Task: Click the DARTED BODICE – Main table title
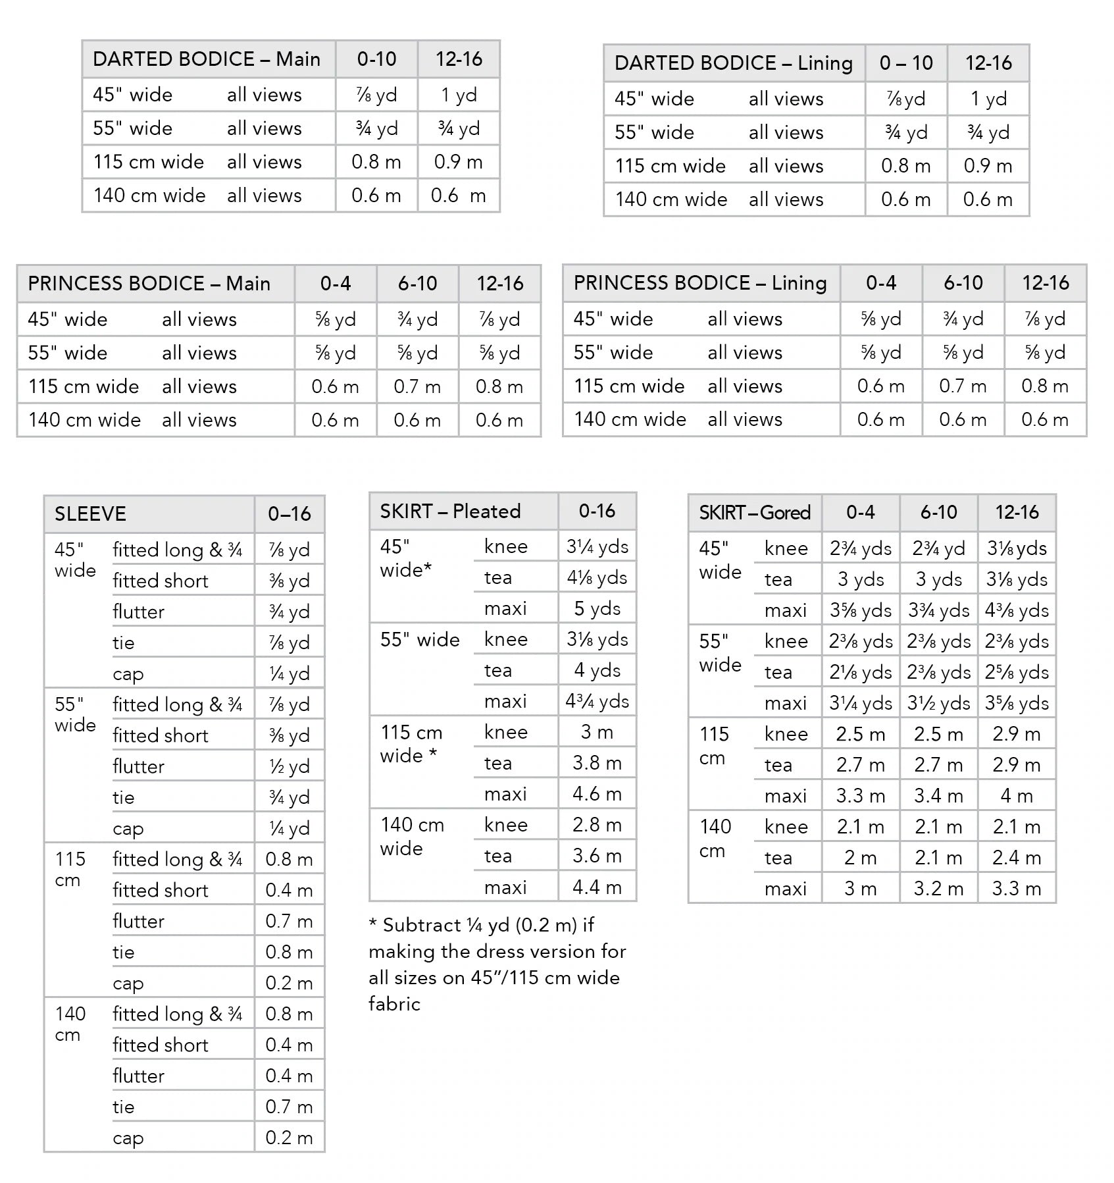[x=206, y=59]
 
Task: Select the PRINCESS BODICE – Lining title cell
[x=700, y=283]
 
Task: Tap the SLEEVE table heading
[x=90, y=514]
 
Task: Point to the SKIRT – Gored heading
[x=755, y=513]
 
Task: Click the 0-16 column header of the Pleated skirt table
[x=597, y=512]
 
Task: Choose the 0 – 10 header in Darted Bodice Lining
[x=906, y=63]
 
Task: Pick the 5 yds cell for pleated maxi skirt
[x=597, y=608]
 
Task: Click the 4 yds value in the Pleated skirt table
[x=597, y=670]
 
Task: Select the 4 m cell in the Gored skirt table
[x=1017, y=796]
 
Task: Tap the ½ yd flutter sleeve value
[x=289, y=766]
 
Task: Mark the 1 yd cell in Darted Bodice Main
[x=459, y=95]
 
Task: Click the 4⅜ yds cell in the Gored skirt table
[x=1017, y=610]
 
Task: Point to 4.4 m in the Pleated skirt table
[x=597, y=887]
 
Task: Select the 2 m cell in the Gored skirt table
[x=860, y=858]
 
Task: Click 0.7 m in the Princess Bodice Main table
[x=417, y=386]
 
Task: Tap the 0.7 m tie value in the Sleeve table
[x=289, y=1107]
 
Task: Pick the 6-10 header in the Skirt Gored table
[x=938, y=513]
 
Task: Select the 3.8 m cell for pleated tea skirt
[x=597, y=763]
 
